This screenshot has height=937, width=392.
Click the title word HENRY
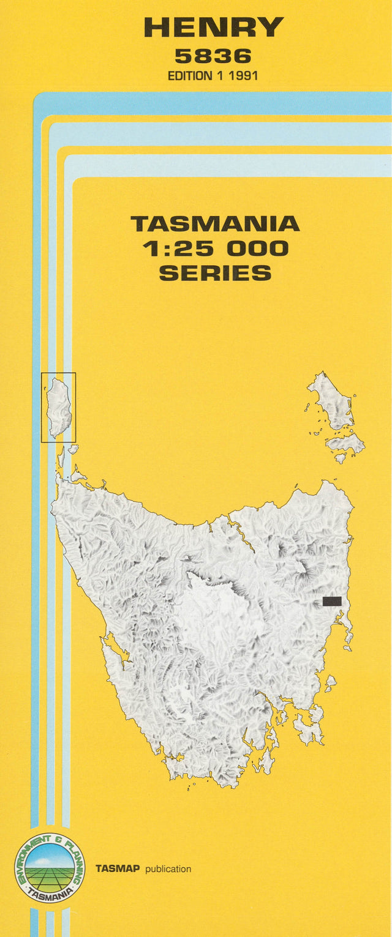coord(213,27)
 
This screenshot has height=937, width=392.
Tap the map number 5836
coord(213,56)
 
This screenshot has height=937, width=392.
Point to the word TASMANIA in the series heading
coord(215,223)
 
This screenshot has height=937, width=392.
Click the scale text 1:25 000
coord(215,248)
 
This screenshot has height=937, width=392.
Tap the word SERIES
coord(215,273)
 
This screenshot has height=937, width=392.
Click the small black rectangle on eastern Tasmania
coord(332,601)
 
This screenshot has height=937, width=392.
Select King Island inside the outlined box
coord(59,407)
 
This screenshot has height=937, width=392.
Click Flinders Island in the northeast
coord(331,401)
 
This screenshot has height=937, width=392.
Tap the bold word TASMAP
coord(117,869)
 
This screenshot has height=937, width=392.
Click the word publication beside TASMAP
coord(168,869)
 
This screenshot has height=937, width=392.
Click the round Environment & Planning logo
coord(50,868)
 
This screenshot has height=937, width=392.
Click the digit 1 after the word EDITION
coord(217,77)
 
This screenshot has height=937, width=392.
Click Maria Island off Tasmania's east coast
coord(330,682)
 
